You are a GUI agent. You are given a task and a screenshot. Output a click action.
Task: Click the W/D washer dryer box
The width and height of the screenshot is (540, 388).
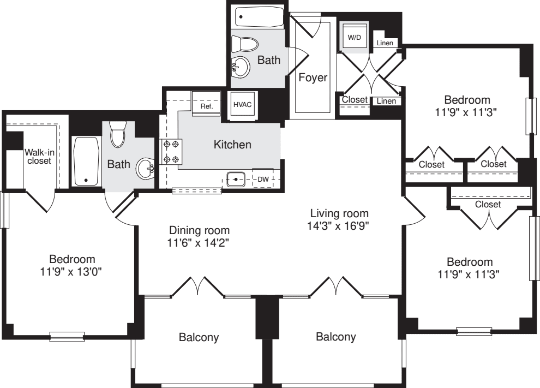click(354, 37)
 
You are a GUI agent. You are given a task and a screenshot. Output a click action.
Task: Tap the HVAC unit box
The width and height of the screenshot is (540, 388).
click(242, 104)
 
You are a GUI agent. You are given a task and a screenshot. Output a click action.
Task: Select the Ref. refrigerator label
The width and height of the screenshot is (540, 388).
click(206, 106)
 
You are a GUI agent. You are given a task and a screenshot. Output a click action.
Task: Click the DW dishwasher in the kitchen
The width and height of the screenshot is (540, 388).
click(263, 178)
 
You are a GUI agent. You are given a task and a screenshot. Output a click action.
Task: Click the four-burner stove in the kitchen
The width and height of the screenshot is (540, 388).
click(172, 152)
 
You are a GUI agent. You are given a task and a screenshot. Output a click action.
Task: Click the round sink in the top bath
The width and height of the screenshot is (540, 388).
click(241, 68)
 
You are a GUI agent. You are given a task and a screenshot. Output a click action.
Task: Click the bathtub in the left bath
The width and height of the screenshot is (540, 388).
click(85, 162)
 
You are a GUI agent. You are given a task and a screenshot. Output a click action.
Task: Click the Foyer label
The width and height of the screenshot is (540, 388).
click(313, 77)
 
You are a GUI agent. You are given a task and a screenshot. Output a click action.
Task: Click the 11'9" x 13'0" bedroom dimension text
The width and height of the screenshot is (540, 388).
click(72, 270)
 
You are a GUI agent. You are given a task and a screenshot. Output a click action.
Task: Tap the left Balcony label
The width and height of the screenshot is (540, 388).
click(199, 337)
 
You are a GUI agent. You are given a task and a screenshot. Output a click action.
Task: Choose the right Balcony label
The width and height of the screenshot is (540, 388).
click(335, 337)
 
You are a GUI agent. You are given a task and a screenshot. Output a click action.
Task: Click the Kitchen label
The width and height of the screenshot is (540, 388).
click(232, 145)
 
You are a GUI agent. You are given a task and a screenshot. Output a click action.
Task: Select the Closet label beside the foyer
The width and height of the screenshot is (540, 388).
click(354, 100)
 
